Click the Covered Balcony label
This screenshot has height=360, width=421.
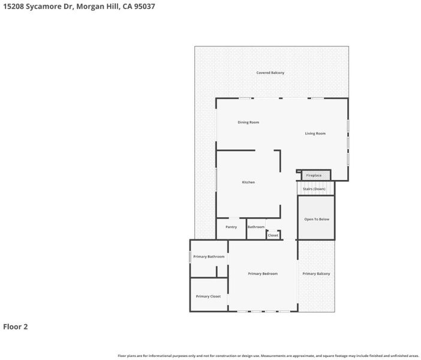(x=270, y=73)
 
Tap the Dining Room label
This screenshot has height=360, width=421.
(x=248, y=122)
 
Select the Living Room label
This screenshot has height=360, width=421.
(x=315, y=133)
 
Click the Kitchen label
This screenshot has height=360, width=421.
(x=248, y=182)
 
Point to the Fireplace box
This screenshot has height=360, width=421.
(x=315, y=175)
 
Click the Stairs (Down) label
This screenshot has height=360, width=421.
(x=314, y=189)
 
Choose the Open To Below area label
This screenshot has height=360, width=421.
(x=317, y=219)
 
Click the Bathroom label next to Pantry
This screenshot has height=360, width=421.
(x=256, y=227)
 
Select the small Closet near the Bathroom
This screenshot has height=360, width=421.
(x=273, y=235)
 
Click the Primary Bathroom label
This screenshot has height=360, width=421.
(x=209, y=257)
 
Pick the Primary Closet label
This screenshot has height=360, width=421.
(x=208, y=296)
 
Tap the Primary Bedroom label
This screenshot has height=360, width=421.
(x=263, y=274)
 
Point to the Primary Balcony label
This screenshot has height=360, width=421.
(x=316, y=274)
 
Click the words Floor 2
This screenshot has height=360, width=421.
(x=16, y=326)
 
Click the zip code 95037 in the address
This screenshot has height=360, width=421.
(x=145, y=7)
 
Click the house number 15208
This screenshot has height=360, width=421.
(x=13, y=7)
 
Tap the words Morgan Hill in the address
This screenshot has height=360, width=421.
(x=98, y=7)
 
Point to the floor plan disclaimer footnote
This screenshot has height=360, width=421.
(x=268, y=356)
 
